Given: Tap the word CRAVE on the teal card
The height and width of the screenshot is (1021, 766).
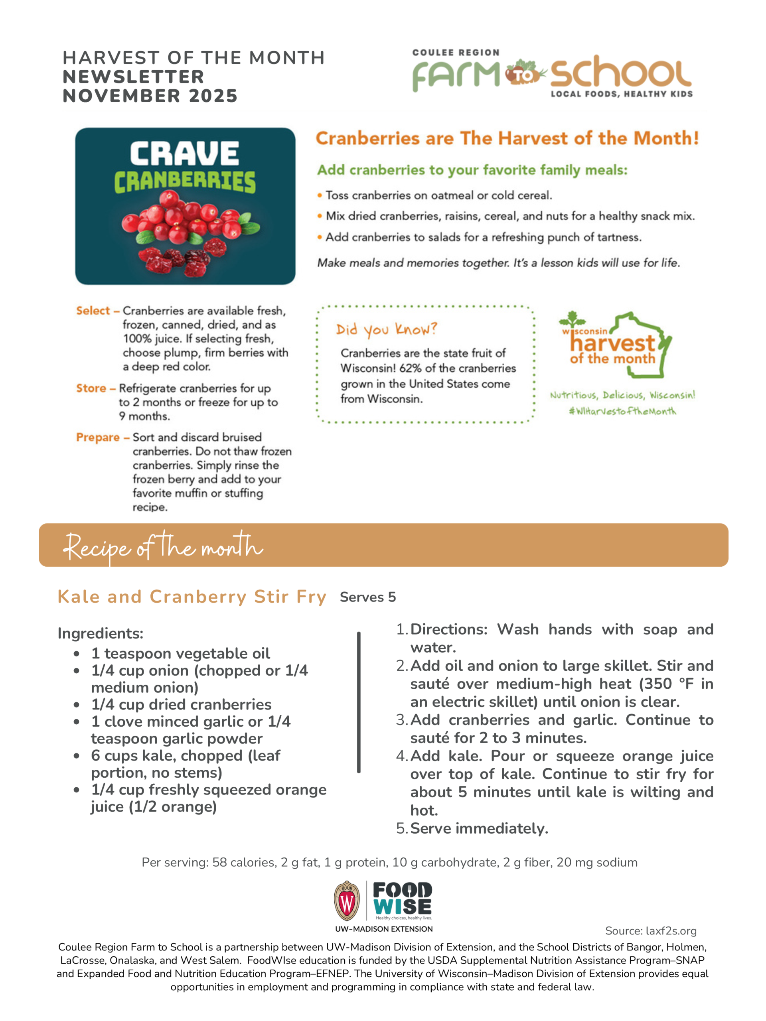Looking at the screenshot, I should click(x=184, y=153).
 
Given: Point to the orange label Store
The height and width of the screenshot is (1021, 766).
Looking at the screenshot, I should click(x=91, y=388).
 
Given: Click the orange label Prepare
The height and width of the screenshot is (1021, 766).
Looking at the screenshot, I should click(x=97, y=437).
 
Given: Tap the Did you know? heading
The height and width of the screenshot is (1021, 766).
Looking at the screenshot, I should click(x=386, y=329).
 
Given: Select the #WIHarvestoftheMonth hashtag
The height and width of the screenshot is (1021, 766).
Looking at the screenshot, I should click(x=622, y=411).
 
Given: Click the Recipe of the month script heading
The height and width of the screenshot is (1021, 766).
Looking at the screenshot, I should click(x=162, y=546).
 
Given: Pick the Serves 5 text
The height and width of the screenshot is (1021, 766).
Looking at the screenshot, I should click(x=367, y=597).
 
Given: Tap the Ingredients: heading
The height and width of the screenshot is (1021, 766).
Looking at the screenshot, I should click(x=101, y=633).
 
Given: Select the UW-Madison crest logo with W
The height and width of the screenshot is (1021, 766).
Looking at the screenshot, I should click(x=346, y=901).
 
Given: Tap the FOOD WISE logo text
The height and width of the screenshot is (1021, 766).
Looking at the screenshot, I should click(x=402, y=898).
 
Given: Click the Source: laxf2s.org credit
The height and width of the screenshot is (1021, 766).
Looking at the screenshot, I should click(x=651, y=930).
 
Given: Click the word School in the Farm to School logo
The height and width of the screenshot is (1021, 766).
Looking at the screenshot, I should click(x=620, y=73).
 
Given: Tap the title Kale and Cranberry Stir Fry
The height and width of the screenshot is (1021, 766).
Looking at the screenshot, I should click(x=192, y=597).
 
